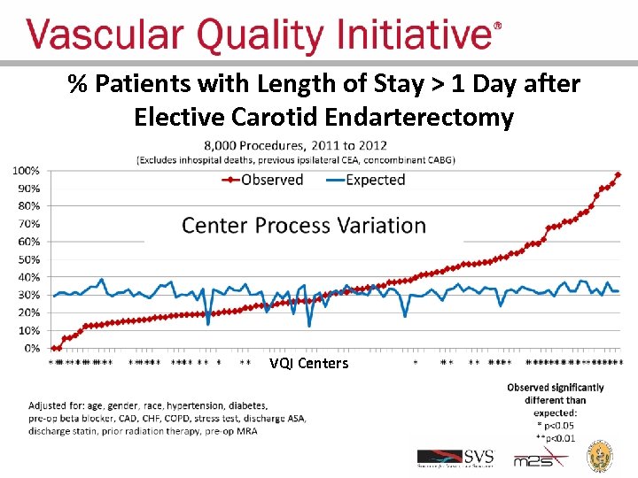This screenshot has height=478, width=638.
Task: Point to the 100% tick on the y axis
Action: click(x=24, y=170)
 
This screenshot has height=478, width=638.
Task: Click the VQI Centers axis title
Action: click(x=309, y=364)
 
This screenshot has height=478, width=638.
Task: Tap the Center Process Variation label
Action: click(x=304, y=225)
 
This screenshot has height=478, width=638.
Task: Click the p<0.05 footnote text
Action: click(x=557, y=425)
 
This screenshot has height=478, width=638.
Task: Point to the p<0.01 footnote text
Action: click(x=557, y=436)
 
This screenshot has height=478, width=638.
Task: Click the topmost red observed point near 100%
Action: click(x=618, y=175)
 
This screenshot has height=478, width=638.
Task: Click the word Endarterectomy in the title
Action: click(x=419, y=117)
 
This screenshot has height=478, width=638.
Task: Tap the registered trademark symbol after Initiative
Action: click(x=497, y=27)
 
